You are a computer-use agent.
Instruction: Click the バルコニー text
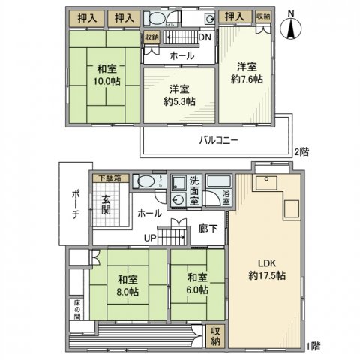[219, 139]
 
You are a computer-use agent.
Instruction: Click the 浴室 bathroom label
[227, 196]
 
